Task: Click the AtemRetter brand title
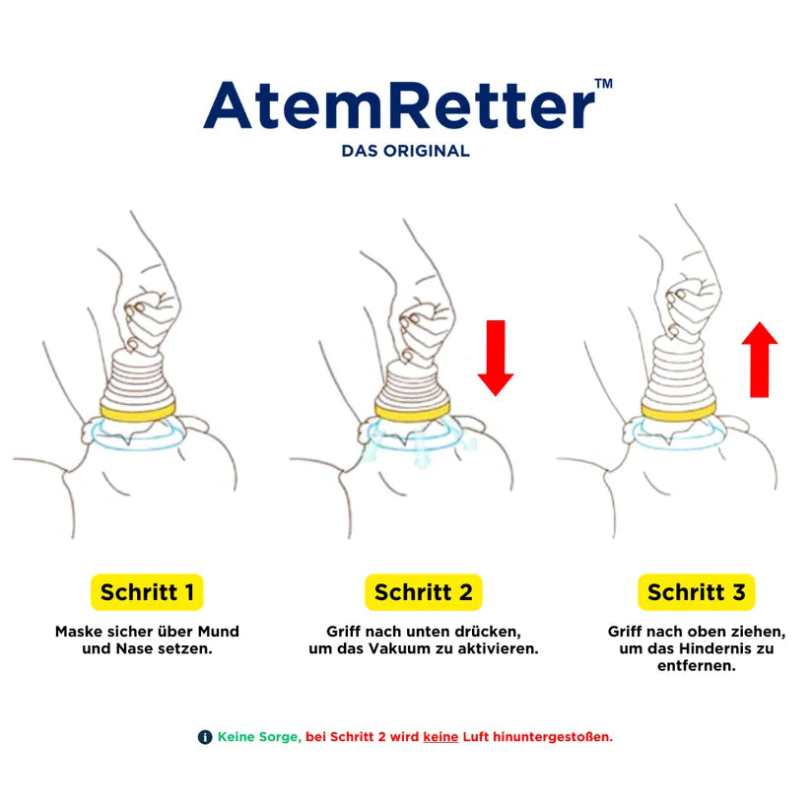point(399,105)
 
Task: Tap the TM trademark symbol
point(604,84)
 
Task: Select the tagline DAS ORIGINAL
point(406,151)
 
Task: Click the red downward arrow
point(496,358)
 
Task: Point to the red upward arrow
point(760,360)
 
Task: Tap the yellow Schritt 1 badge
point(147,592)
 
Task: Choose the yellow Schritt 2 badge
point(424,592)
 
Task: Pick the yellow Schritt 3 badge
point(696,592)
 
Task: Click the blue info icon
point(205,737)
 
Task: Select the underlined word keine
point(440,737)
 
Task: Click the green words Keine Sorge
point(259,737)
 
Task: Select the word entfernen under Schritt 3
point(696,666)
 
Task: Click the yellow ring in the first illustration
point(138,412)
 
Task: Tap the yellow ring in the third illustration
point(679,412)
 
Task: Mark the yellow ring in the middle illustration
point(412,412)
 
